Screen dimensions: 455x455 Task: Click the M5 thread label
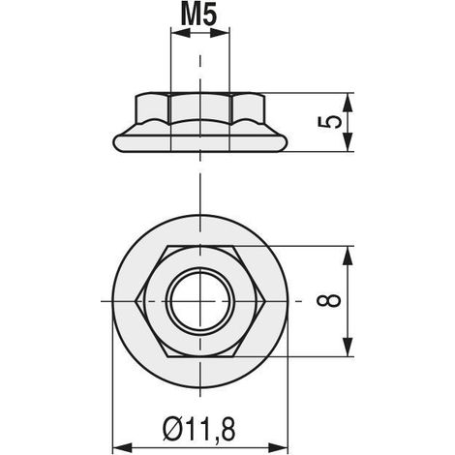[198, 15]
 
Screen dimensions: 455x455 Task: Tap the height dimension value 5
[329, 122]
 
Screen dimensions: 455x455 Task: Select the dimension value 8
[329, 301]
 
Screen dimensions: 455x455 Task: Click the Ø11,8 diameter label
[198, 429]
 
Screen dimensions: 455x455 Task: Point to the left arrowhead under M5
[181, 33]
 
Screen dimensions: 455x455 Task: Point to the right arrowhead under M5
[220, 33]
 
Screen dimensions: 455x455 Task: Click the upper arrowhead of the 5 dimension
[348, 104]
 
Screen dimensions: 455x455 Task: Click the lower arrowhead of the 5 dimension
[348, 141]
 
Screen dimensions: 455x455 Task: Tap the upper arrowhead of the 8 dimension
[348, 257]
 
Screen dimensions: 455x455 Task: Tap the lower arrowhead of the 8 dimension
[348, 347]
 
